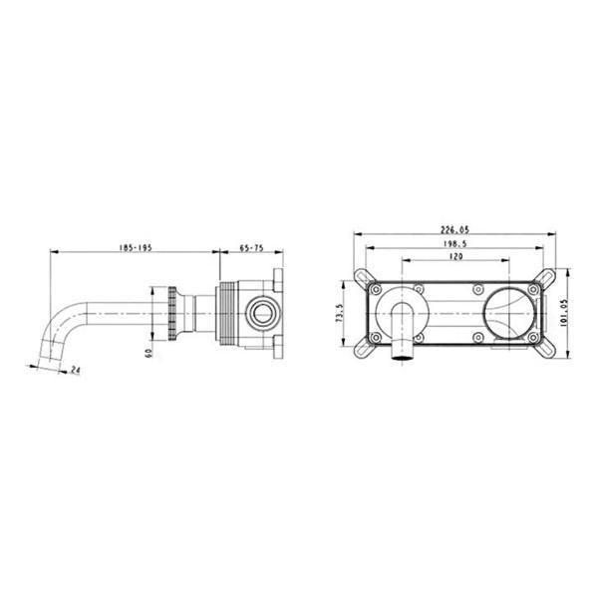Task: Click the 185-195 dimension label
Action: point(136,248)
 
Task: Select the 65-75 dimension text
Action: point(252,248)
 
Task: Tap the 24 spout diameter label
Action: point(76,370)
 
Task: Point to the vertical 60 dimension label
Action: point(149,353)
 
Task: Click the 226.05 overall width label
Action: point(454,230)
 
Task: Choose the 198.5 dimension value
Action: point(455,243)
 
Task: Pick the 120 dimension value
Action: point(456,256)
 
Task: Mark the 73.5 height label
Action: point(340,313)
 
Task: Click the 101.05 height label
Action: point(564,312)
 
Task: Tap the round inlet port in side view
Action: point(262,314)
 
